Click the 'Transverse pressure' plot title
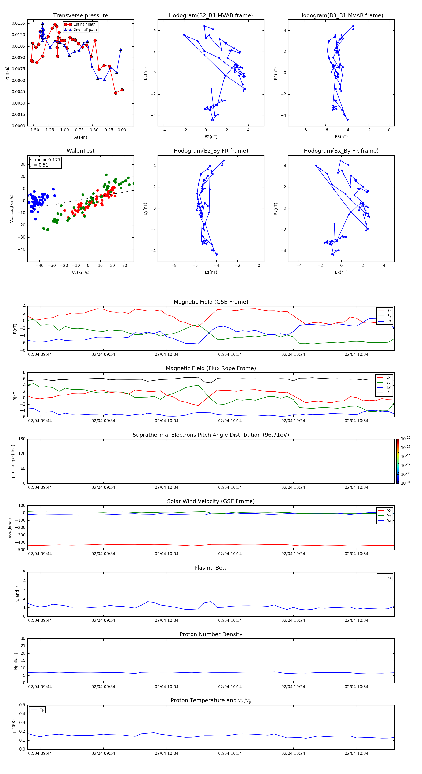click(80, 16)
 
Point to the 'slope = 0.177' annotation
click(45, 160)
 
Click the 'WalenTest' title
click(80, 151)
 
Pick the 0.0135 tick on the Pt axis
click(18, 23)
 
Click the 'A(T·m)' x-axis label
click(80, 137)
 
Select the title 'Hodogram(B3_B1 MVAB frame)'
click(341, 16)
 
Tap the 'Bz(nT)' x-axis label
click(211, 272)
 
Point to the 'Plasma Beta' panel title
click(211, 568)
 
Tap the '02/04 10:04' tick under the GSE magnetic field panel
click(166, 355)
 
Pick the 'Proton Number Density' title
click(211, 634)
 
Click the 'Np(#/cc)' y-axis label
click(16, 661)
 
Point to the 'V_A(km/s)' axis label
click(80, 273)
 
